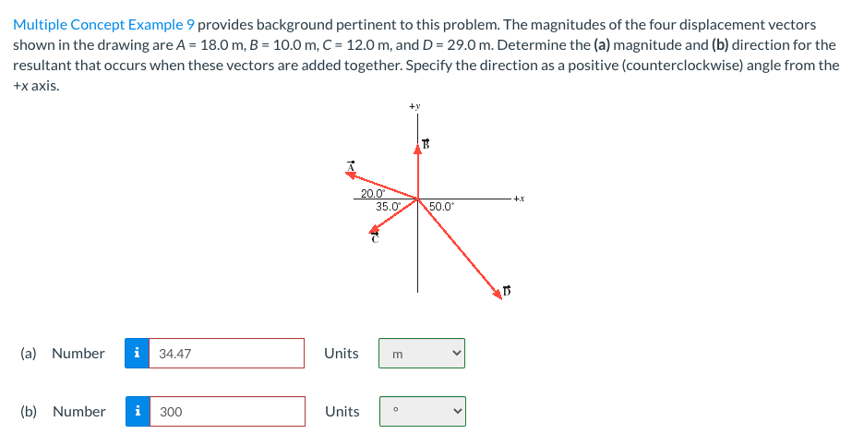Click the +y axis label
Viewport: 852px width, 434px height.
click(416, 107)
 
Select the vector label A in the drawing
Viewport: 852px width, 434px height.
click(351, 167)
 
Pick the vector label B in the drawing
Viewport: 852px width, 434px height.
click(426, 143)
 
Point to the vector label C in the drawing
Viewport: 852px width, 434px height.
click(375, 239)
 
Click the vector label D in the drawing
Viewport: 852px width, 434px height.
click(506, 293)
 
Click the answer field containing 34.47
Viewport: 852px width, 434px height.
click(226, 353)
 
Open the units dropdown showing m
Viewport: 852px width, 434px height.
click(422, 353)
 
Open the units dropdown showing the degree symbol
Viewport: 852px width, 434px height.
click(422, 412)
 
